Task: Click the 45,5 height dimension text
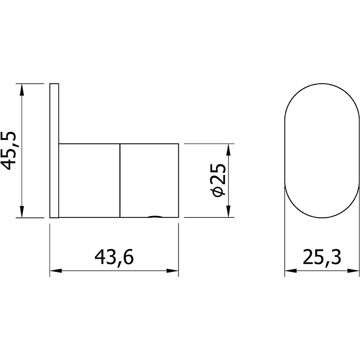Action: (9, 151)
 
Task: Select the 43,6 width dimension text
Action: (114, 258)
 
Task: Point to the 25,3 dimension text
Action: (322, 257)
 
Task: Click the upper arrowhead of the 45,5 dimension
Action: (22, 90)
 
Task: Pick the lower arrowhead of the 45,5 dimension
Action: (22, 211)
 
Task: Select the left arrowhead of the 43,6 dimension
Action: (56, 271)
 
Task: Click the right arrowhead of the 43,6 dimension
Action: (172, 271)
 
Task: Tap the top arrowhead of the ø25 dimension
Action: (228, 150)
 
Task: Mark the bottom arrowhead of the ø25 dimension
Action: (228, 211)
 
